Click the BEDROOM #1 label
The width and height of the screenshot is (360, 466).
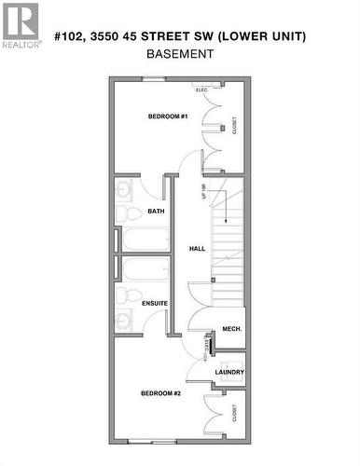tap(168, 116)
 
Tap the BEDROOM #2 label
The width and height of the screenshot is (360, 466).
tap(160, 393)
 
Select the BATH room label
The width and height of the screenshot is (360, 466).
tap(157, 212)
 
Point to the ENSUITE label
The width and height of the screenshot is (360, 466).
tap(155, 303)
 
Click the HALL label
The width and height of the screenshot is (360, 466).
tap(197, 249)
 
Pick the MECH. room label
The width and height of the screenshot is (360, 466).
tap(232, 329)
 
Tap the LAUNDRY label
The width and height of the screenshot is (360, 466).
tap(229, 372)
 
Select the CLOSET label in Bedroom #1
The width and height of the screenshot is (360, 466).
tap(233, 124)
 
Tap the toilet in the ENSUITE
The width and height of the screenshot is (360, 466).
tap(122, 297)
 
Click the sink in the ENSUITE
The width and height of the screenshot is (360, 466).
tap(124, 322)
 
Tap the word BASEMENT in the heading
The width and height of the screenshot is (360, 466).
tap(180, 53)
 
